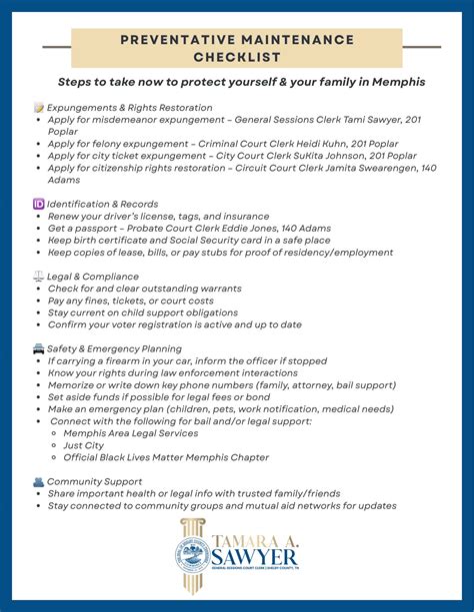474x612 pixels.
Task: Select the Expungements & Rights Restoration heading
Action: point(130,107)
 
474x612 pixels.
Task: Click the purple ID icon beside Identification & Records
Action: point(39,204)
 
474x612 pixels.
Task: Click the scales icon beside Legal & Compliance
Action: point(39,276)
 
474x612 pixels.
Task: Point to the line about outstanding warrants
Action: point(145,289)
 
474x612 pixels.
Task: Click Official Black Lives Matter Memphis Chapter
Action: point(166,457)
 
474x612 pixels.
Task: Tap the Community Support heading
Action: point(100,481)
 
